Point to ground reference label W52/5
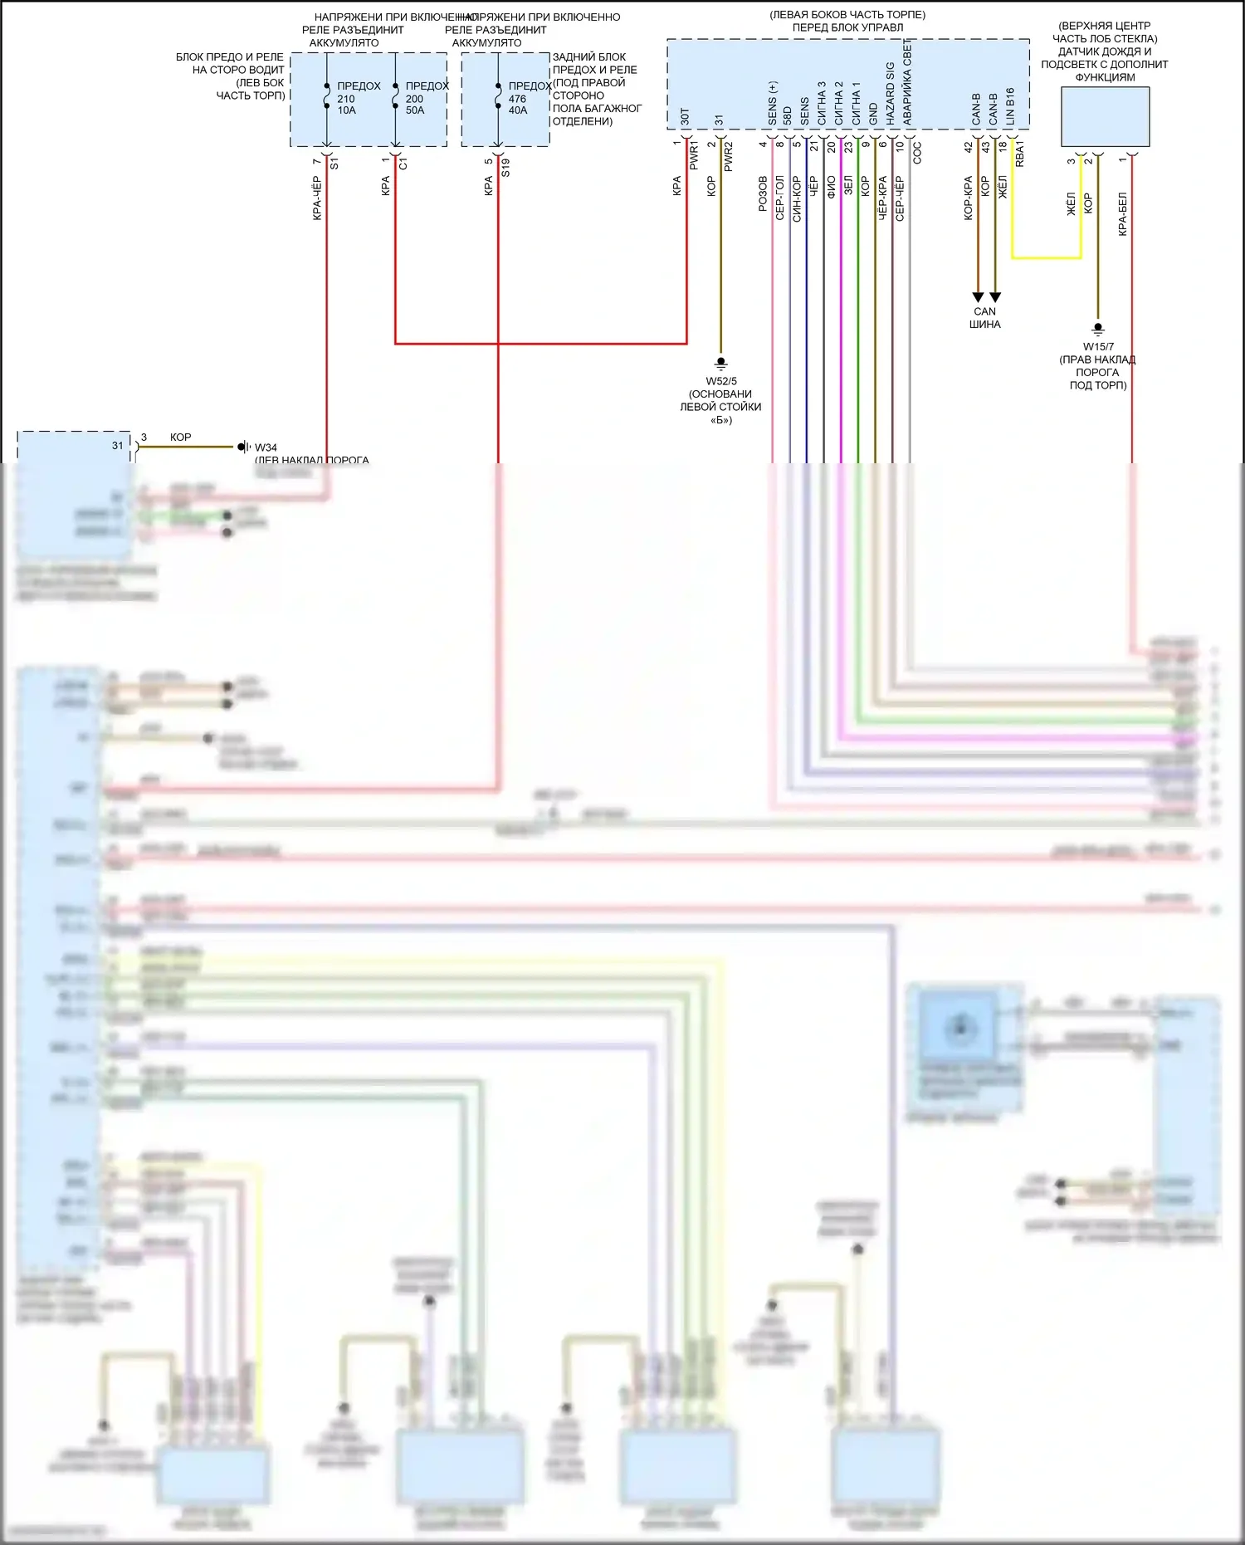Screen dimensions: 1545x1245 pyautogui.click(x=721, y=381)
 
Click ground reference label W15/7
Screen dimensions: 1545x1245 pyautogui.click(x=1098, y=347)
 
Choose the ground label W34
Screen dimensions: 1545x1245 pyautogui.click(x=266, y=447)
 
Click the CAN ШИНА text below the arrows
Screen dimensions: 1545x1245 pyautogui.click(x=985, y=318)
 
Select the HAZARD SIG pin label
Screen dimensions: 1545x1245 pyautogui.click(x=891, y=94)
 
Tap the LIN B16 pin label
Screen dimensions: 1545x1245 pyautogui.click(x=1010, y=106)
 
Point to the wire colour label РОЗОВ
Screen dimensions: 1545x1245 pyautogui.click(x=763, y=193)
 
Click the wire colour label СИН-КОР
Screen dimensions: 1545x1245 pyautogui.click(x=797, y=198)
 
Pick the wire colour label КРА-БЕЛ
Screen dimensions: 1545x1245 pyautogui.click(x=1123, y=213)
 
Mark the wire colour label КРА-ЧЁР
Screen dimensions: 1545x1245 pyautogui.click(x=317, y=198)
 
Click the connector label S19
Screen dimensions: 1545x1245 pyautogui.click(x=505, y=168)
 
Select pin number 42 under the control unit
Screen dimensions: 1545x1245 pyautogui.click(x=968, y=146)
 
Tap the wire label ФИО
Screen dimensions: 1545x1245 pyautogui.click(x=831, y=186)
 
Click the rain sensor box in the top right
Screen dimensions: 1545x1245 pyautogui.click(x=1105, y=116)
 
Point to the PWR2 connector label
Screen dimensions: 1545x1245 pyautogui.click(x=728, y=157)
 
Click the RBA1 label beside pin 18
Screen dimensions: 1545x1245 pyautogui.click(x=1020, y=154)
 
